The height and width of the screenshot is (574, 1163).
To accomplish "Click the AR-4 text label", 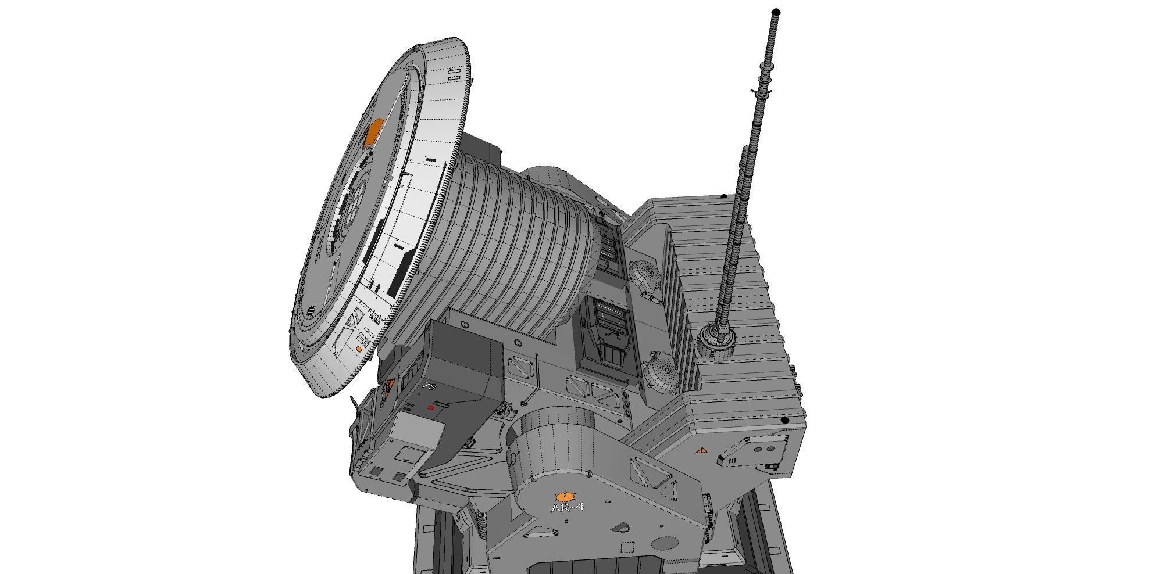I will click(x=567, y=508).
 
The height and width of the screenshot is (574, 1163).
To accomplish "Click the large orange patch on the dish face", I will click(x=373, y=132).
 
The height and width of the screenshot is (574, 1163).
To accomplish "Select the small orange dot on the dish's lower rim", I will click(x=359, y=350).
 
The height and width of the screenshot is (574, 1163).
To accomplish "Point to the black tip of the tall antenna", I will click(x=776, y=11).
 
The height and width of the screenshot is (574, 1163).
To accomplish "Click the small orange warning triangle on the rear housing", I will click(x=701, y=450).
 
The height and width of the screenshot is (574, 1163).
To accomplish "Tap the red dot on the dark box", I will click(x=431, y=408).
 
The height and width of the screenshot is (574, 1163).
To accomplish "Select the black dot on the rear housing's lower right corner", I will click(x=784, y=420).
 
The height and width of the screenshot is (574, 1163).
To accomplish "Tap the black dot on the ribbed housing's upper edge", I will click(x=724, y=197).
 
